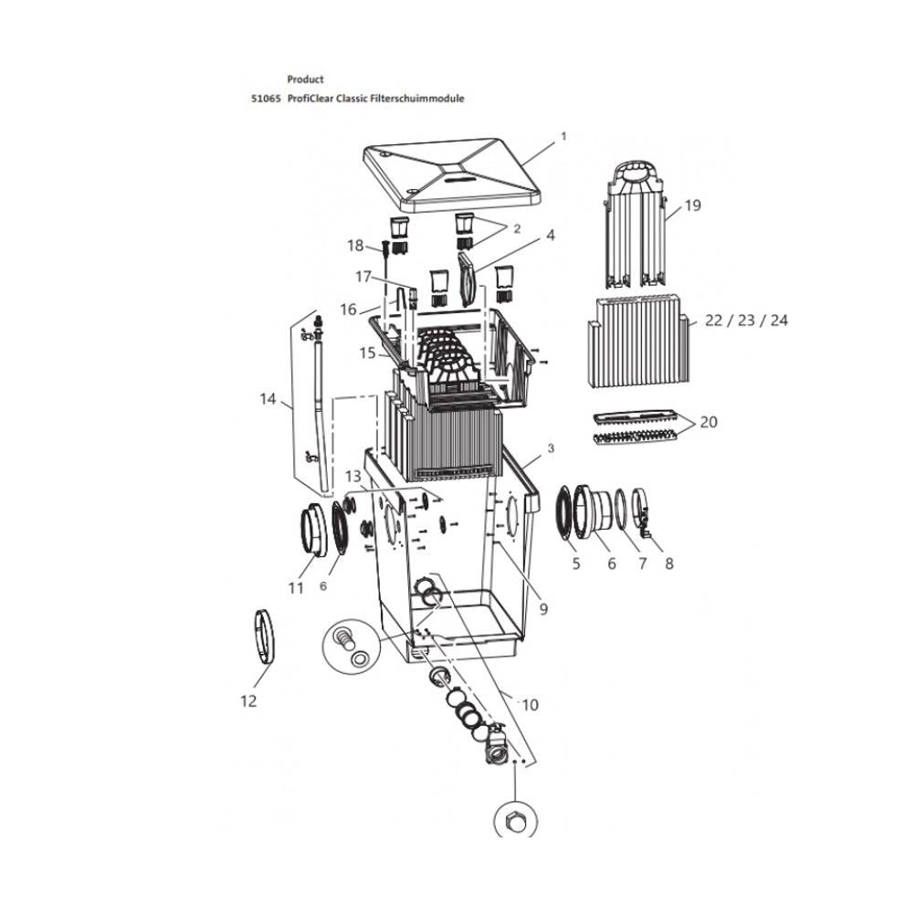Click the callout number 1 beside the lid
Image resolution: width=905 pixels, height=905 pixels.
click(563, 136)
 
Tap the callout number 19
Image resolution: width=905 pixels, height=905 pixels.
click(692, 205)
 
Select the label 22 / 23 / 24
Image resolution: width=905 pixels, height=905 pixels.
click(746, 320)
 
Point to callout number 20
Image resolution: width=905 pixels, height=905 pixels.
click(708, 422)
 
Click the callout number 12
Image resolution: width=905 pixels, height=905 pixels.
click(248, 700)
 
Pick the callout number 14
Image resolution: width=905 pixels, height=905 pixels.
click(268, 398)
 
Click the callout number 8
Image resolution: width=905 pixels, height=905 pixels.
click(668, 563)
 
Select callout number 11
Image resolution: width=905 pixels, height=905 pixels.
click(295, 589)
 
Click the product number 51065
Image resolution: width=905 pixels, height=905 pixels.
click(265, 98)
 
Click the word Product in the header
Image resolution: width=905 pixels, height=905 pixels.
click(305, 79)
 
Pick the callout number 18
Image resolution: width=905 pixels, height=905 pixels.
click(355, 245)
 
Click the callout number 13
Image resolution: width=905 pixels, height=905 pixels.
click(353, 478)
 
